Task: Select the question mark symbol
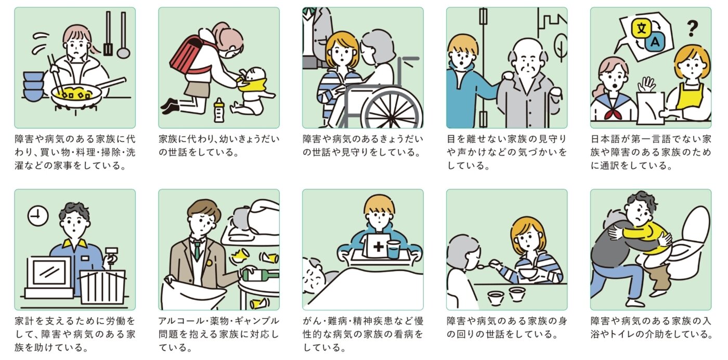693,28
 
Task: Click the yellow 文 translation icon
641,28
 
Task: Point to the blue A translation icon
655,42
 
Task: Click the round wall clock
37,215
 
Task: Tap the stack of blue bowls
33,86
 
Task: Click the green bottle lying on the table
260,275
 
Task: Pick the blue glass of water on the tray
393,249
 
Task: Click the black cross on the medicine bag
379,247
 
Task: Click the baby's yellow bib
254,86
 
